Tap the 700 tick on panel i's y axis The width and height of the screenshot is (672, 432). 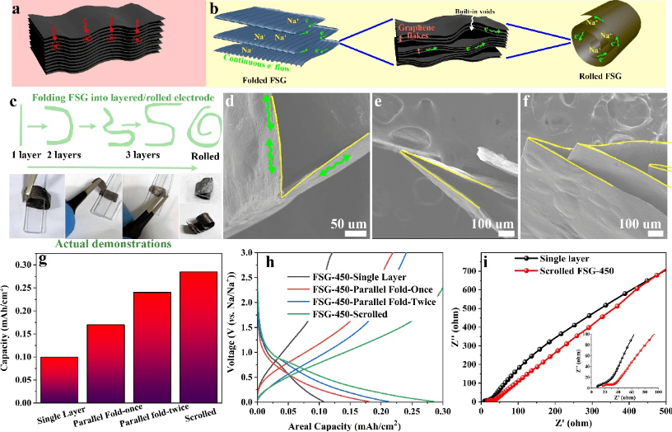click(467, 269)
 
